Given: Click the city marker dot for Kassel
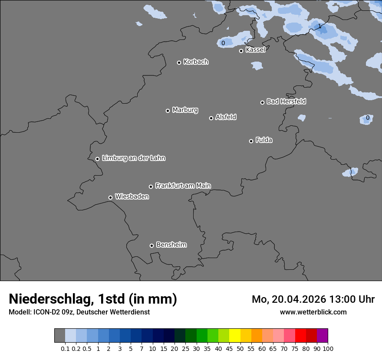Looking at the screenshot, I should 241,51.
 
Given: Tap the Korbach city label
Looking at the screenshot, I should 196,62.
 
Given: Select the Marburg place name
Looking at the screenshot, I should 185,110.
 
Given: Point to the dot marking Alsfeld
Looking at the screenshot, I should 211,118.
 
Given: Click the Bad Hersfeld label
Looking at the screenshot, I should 286,101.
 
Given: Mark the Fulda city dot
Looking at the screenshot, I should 251,141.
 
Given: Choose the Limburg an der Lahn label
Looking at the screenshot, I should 133,158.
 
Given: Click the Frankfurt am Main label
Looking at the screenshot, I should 183,186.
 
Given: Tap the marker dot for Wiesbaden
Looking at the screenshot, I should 111,197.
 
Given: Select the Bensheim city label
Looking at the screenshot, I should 171,245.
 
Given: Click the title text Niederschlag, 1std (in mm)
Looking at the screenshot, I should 93,299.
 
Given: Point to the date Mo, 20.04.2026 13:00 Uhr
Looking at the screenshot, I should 313,299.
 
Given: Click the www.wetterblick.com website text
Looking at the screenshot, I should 313,312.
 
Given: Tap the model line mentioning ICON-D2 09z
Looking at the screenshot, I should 79,312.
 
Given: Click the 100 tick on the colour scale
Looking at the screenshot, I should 328,348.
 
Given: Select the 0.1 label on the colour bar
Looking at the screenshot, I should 65,348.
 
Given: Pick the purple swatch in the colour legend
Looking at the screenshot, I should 323,336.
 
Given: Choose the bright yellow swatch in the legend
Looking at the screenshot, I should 235,336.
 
